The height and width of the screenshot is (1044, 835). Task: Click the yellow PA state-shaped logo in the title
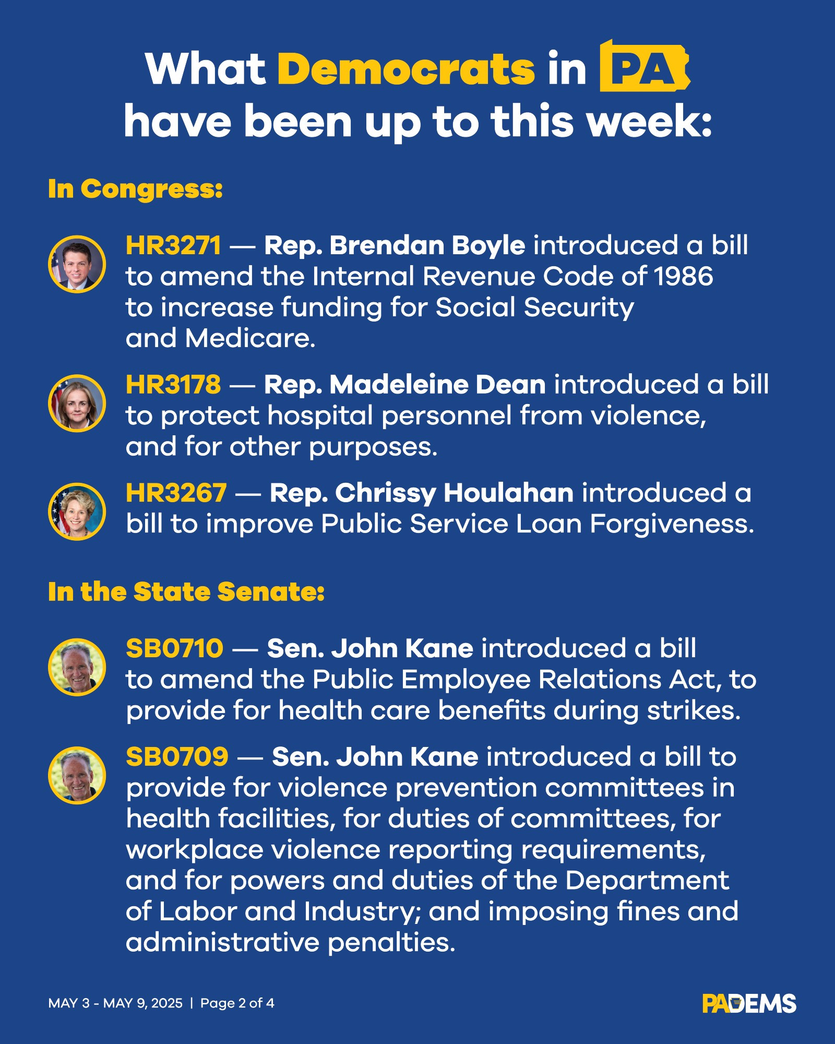pos(645,66)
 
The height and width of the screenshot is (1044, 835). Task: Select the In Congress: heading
pos(136,188)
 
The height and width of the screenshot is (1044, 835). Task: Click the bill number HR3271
pos(174,245)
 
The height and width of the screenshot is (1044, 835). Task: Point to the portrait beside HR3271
pos(77,264)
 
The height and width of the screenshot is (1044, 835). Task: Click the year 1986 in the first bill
pos(684,276)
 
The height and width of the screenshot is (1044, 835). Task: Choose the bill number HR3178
pos(173,385)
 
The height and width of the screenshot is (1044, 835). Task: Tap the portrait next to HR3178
pos(77,404)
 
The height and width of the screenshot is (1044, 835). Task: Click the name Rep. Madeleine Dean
pos(405,385)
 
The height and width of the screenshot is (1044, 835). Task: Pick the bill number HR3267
pos(176,493)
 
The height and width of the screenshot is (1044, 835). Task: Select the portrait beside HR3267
pos(77,512)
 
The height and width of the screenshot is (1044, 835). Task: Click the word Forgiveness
pos(672,524)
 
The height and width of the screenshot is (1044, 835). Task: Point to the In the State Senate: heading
pos(186,592)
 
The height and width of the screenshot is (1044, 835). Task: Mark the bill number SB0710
pos(175,648)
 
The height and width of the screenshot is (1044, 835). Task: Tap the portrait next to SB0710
pos(77,667)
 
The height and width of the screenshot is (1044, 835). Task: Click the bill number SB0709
pos(177,757)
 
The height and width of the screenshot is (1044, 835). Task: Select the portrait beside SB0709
pos(77,776)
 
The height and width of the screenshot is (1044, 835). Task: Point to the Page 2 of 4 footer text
pos(237,1003)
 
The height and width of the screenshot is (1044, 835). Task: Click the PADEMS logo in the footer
pos(749,1003)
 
